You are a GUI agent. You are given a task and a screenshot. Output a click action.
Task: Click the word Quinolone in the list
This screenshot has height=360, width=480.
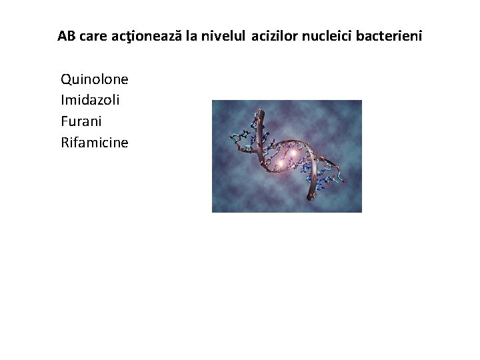tap(94, 79)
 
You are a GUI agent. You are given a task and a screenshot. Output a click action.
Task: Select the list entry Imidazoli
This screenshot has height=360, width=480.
tap(90, 101)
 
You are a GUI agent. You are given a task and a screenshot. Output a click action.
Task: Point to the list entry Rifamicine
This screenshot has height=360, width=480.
tap(94, 142)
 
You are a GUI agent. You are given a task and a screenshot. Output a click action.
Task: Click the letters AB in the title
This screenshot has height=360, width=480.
tap(66, 35)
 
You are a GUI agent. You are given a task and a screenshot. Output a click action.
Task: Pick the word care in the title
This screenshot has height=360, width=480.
tap(92, 35)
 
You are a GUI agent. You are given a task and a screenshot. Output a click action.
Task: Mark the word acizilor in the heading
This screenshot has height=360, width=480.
tap(275, 35)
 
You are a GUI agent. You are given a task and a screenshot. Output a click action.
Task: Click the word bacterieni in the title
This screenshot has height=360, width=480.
tap(390, 35)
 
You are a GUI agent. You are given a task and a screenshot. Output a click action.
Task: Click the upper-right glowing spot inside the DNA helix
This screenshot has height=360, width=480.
tap(293, 154)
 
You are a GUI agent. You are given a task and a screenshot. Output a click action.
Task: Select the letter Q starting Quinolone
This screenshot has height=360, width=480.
tap(66, 79)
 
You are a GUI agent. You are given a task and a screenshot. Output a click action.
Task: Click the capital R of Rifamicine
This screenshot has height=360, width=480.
tap(65, 142)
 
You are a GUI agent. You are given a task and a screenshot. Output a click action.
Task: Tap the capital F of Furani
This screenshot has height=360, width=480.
tap(64, 121)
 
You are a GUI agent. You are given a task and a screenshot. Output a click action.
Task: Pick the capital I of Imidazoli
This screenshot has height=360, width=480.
tap(62, 101)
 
